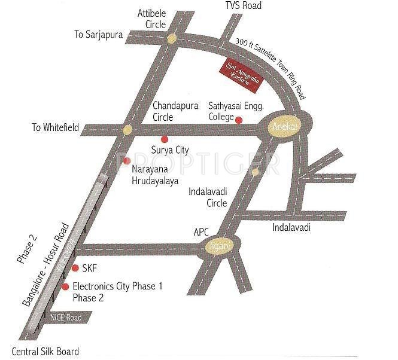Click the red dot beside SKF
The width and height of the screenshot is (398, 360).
coord(75,267)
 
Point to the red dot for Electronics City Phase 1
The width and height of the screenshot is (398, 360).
coord(65,287)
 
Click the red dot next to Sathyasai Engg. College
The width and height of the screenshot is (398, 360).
coord(239,120)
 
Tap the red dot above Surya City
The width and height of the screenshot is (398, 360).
coord(165,139)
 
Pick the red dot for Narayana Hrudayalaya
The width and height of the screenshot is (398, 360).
coord(126,160)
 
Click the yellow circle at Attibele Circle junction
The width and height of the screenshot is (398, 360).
coord(172,39)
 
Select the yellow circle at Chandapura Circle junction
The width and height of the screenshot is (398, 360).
coord(127,129)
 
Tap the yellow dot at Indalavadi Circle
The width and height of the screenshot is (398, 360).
coord(255,172)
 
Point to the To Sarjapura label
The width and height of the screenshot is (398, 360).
coord(98,35)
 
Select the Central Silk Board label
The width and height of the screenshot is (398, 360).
coord(45,352)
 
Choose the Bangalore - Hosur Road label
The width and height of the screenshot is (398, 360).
coord(46,265)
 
